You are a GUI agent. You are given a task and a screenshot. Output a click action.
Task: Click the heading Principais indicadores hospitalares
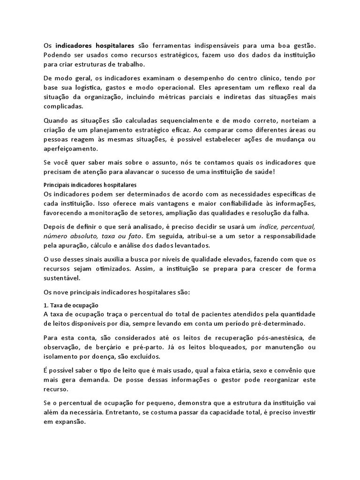tap(90, 185)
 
